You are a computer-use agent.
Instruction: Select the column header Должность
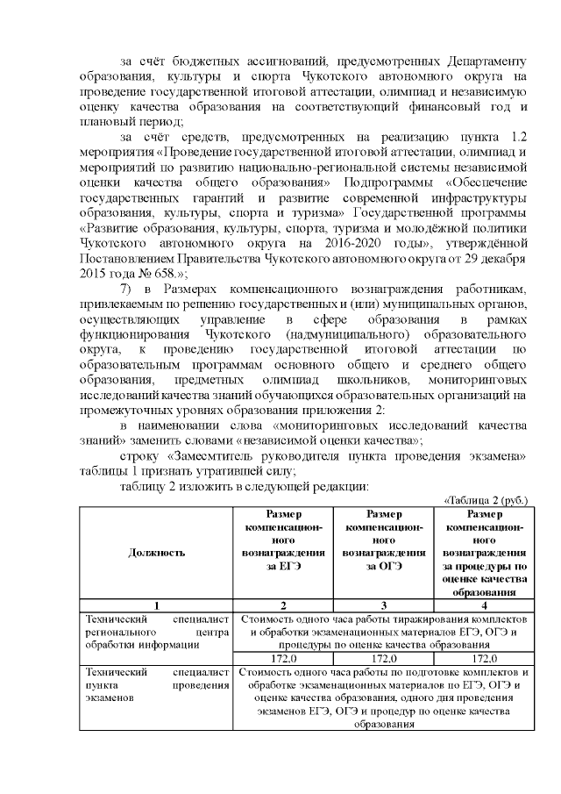156,553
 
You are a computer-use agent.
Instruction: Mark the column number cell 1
156,604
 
